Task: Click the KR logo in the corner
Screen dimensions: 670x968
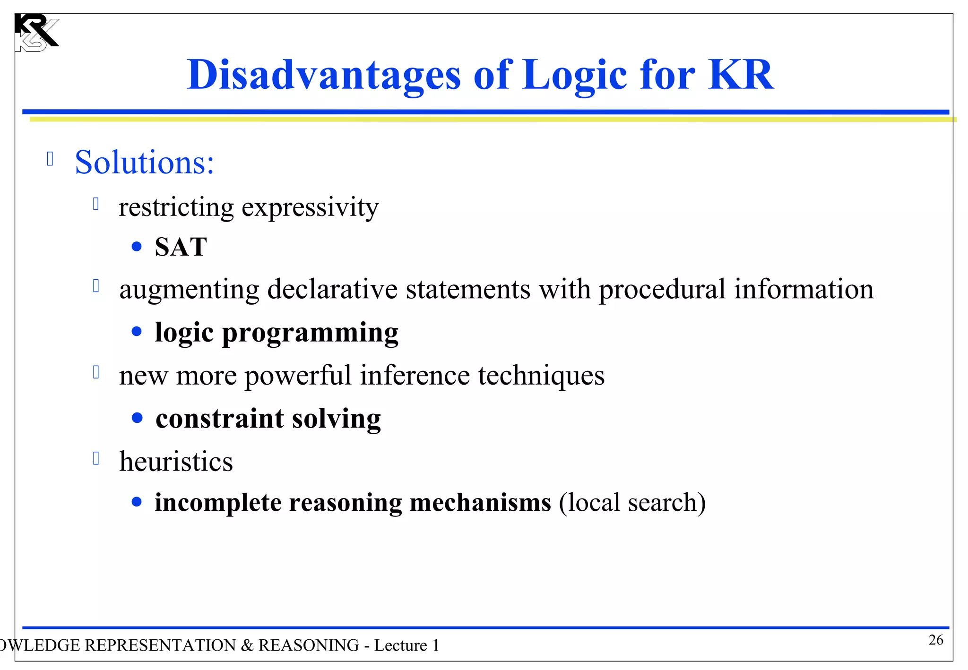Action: pyautogui.click(x=36, y=33)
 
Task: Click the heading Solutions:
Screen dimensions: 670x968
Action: pyautogui.click(x=145, y=162)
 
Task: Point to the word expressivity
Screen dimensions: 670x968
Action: pyautogui.click(x=310, y=207)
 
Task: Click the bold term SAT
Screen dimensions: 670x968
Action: pyautogui.click(x=181, y=247)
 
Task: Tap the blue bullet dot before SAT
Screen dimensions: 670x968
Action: pyautogui.click(x=137, y=247)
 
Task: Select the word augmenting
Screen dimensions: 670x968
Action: pyautogui.click(x=189, y=289)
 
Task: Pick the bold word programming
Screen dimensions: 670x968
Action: pyautogui.click(x=310, y=333)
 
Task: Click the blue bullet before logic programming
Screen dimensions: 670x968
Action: pyautogui.click(x=137, y=332)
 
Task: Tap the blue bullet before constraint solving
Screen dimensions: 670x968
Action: pyautogui.click(x=137, y=418)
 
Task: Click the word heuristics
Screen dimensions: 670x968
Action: pyautogui.click(x=176, y=462)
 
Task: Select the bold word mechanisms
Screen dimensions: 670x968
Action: pyautogui.click(x=480, y=502)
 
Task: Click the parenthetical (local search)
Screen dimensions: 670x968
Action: pyautogui.click(x=632, y=502)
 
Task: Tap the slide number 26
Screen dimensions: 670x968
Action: pyautogui.click(x=936, y=640)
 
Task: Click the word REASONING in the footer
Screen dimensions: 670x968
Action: pyautogui.click(x=309, y=645)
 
